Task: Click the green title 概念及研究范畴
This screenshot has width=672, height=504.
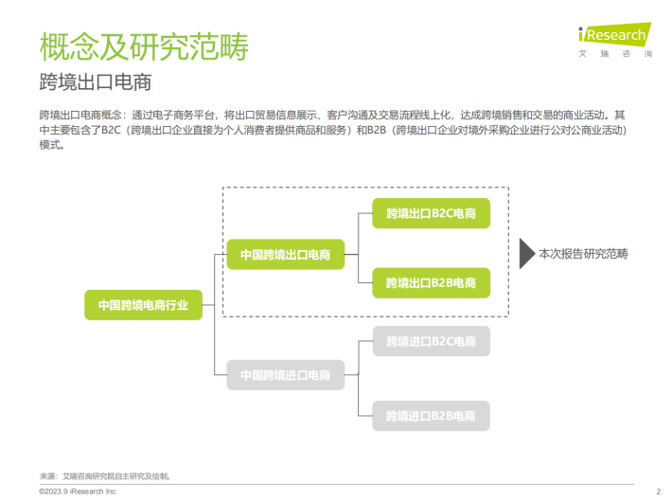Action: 144,46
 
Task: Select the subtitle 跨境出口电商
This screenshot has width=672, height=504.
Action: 96,81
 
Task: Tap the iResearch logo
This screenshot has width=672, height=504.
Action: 615,34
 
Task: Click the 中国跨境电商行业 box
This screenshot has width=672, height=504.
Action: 143,305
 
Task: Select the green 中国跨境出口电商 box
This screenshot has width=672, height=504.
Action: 286,254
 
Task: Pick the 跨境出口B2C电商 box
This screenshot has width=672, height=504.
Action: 432,213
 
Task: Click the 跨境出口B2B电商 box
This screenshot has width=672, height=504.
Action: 432,282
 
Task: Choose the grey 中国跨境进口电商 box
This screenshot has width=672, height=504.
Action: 286,375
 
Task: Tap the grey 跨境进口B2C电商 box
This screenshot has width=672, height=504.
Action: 432,341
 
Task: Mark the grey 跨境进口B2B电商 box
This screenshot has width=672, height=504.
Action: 432,416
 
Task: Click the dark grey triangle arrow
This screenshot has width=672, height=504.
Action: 526,254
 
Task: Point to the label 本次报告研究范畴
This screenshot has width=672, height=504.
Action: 583,254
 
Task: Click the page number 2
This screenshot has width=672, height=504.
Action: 659,492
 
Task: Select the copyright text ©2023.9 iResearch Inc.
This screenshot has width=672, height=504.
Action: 79,492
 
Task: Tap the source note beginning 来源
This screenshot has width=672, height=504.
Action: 104,477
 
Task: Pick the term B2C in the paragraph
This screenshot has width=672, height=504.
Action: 111,130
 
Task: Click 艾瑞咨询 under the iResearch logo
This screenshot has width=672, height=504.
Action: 615,54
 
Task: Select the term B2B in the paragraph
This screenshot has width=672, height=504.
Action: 377,130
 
